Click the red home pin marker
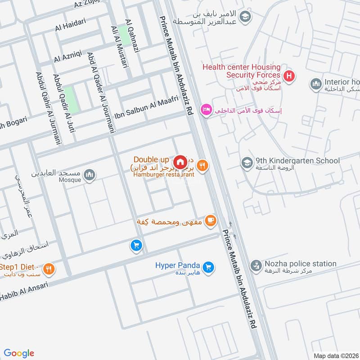[x=180, y=162]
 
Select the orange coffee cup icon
[x=210, y=220]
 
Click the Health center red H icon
[x=289, y=76]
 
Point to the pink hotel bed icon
[x=206, y=109]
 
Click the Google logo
[x=19, y=353]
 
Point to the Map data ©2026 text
[x=335, y=355]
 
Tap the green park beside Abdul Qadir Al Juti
[x=70, y=100]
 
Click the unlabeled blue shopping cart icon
[x=136, y=245]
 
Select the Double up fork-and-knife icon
[x=202, y=166]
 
